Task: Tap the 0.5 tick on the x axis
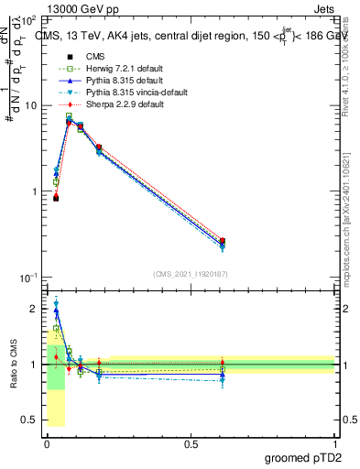pos(191,445)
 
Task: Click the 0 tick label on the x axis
pos(47,445)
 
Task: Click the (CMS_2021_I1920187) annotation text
pos(190,273)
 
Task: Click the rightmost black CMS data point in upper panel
pos(223,241)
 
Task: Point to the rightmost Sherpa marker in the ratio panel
pos(223,363)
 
